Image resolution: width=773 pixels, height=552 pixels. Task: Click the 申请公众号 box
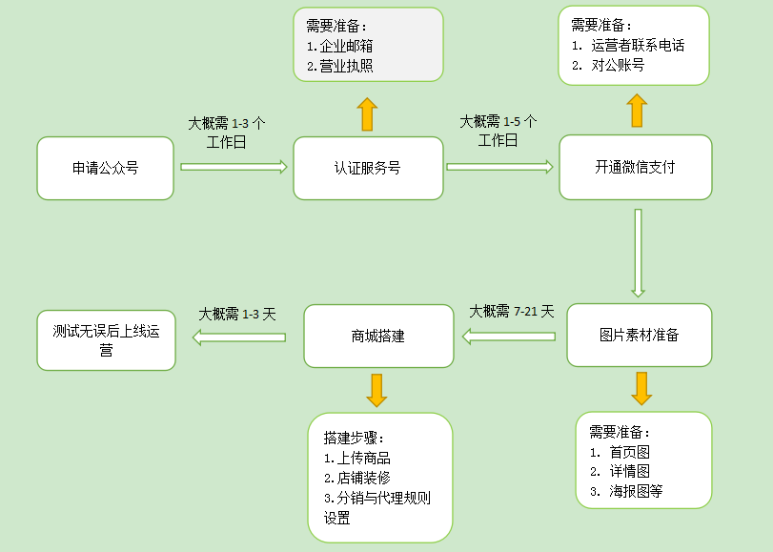(x=105, y=168)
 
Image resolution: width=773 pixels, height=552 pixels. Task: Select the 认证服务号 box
(x=368, y=168)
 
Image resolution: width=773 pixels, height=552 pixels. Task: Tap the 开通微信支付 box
(x=635, y=167)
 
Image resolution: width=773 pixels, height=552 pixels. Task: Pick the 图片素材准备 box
(x=639, y=335)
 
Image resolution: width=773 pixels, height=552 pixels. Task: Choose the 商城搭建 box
(x=377, y=336)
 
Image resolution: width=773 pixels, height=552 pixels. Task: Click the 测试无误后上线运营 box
(x=106, y=340)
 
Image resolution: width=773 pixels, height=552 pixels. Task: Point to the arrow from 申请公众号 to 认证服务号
(x=234, y=167)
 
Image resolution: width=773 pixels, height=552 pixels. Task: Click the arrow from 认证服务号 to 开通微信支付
(x=499, y=167)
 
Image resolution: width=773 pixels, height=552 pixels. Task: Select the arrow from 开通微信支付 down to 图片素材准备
(x=638, y=252)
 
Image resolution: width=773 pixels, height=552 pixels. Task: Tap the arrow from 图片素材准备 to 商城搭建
(x=509, y=336)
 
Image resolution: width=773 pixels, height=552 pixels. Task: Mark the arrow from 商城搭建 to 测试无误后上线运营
(x=239, y=336)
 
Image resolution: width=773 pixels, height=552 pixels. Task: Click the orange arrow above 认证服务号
(x=368, y=113)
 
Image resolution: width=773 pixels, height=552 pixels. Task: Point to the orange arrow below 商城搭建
(x=376, y=389)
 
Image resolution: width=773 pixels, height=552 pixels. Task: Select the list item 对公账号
(x=620, y=66)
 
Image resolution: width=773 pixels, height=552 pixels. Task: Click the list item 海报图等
(x=636, y=491)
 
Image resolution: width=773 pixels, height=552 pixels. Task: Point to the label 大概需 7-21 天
(x=511, y=312)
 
